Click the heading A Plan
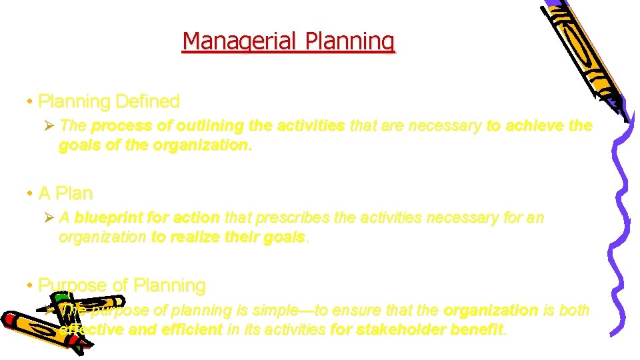click(65, 193)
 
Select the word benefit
click(479, 329)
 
